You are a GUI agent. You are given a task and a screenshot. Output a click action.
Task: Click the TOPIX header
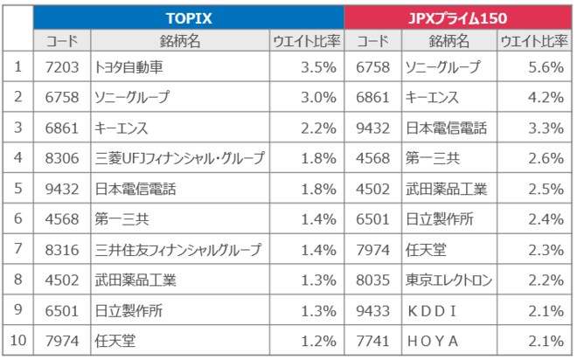pyautogui.click(x=190, y=17)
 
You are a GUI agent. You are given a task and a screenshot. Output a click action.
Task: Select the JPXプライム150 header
pyautogui.click(x=458, y=17)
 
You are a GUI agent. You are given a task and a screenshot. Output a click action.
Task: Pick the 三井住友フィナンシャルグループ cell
pyautogui.click(x=177, y=250)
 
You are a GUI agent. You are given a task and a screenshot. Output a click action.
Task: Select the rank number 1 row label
pyautogui.click(x=18, y=66)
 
